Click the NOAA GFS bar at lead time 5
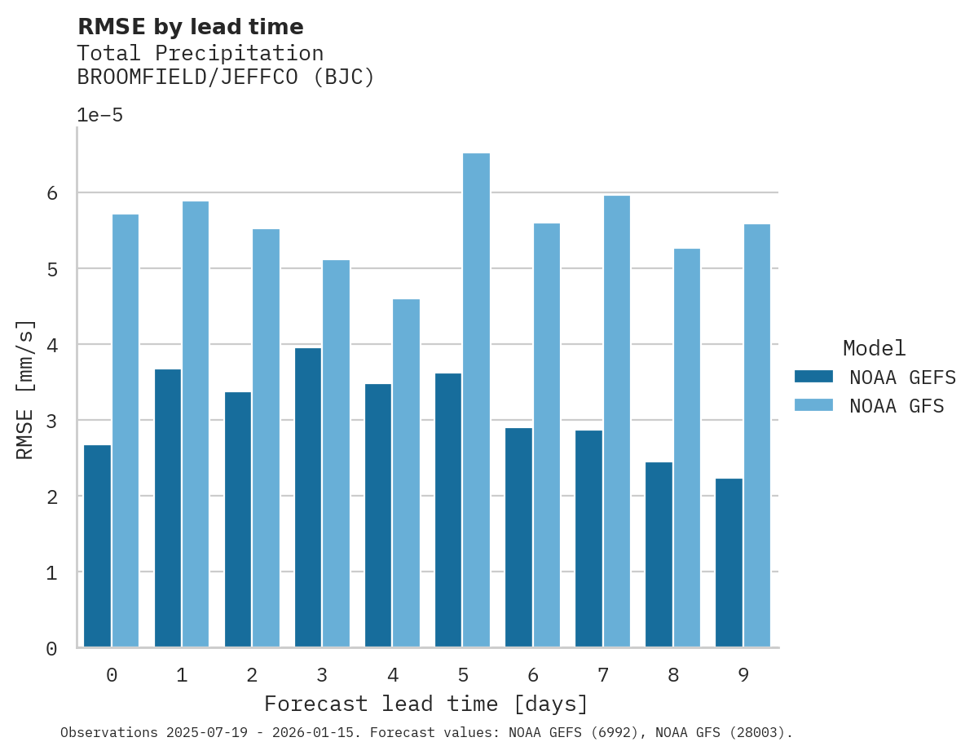476,400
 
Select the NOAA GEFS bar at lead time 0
97,546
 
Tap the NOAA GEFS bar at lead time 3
307,497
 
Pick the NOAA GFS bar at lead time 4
406,473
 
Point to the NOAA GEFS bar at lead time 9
729,563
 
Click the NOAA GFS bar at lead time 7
616,422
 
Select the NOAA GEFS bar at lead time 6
518,537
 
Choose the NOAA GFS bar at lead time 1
196,424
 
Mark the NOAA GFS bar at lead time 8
686,448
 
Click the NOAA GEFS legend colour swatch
813,376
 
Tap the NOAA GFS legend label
897,406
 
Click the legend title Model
874,348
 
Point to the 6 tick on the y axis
51,193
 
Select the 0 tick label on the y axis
51,649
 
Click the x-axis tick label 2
252,675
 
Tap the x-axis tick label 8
672,675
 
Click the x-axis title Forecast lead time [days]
425,704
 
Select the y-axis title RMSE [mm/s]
25,389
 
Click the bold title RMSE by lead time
190,27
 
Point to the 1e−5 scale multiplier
99,115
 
